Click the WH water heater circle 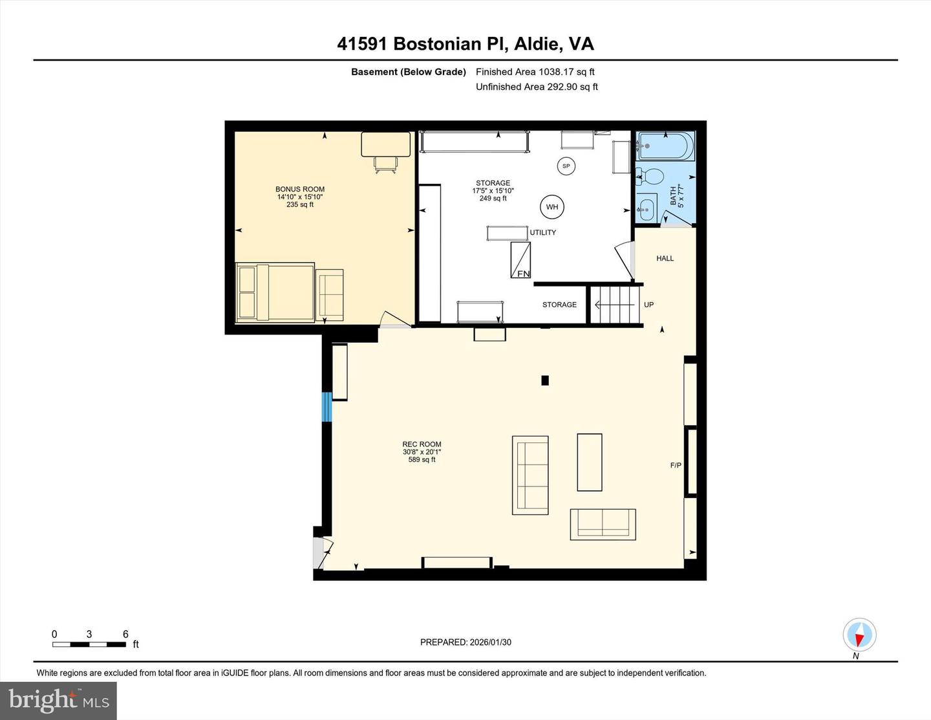click(551, 207)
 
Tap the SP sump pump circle click(566, 166)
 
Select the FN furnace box click(520, 260)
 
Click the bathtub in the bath click(665, 146)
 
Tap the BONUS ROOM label click(300, 190)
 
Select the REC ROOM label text click(422, 444)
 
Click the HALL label click(665, 259)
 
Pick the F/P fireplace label click(675, 465)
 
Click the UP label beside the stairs click(648, 305)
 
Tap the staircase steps click(616, 305)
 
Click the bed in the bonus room click(275, 292)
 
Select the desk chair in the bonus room click(385, 166)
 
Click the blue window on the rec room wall click(326, 406)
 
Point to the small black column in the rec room click(545, 380)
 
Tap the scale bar click(89, 644)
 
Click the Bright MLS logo click(59, 701)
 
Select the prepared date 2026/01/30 click(465, 642)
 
